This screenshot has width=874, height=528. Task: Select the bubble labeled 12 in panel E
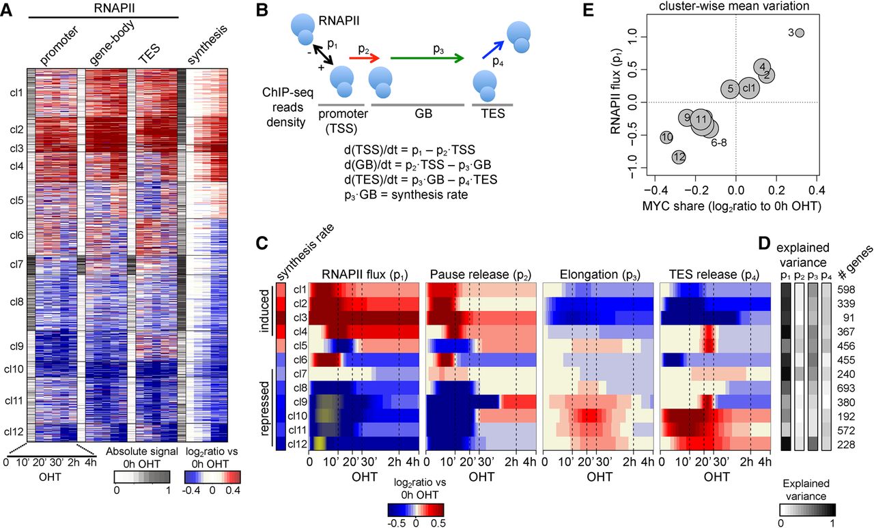click(678, 157)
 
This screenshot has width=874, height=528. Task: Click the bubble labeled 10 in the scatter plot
click(666, 138)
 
